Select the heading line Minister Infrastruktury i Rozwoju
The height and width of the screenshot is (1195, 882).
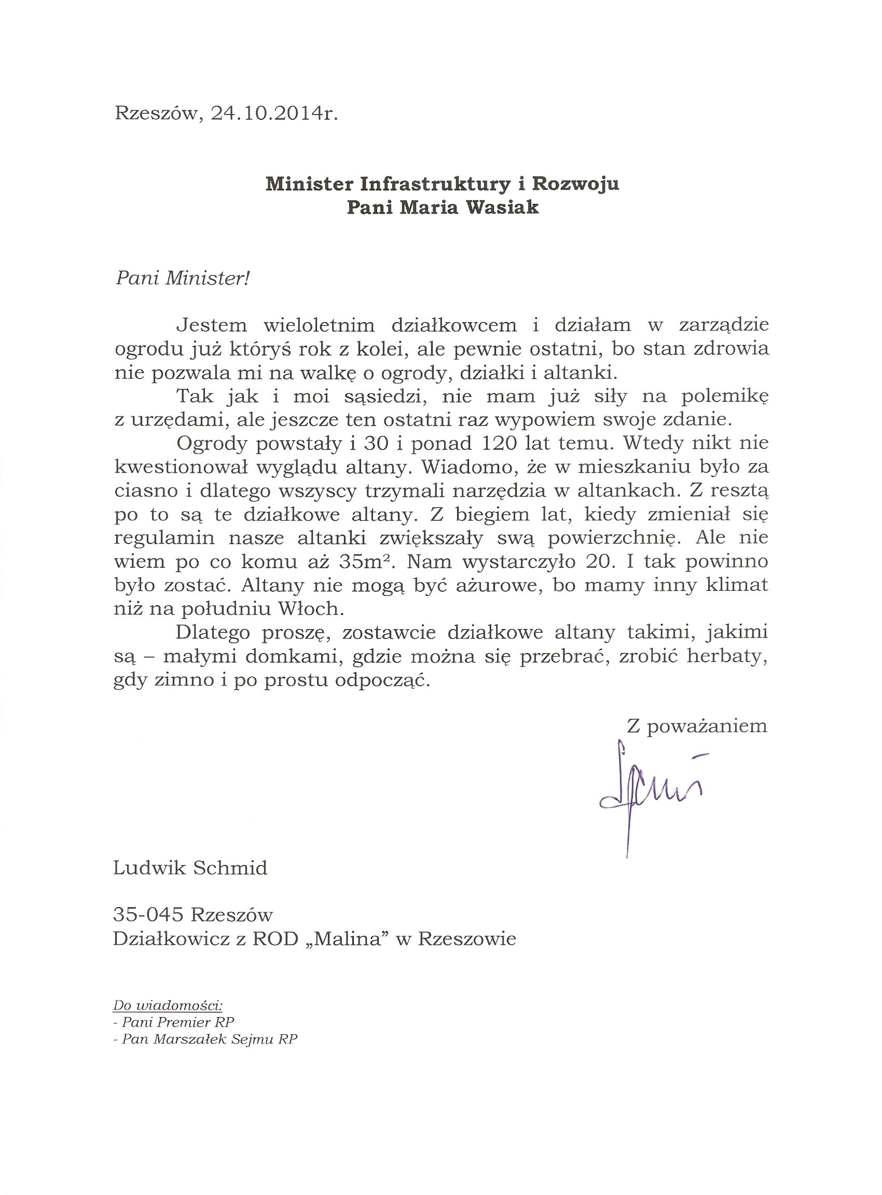coord(443,184)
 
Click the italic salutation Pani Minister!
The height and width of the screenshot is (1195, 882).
coord(183,278)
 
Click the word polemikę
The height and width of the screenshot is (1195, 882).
coord(724,397)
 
